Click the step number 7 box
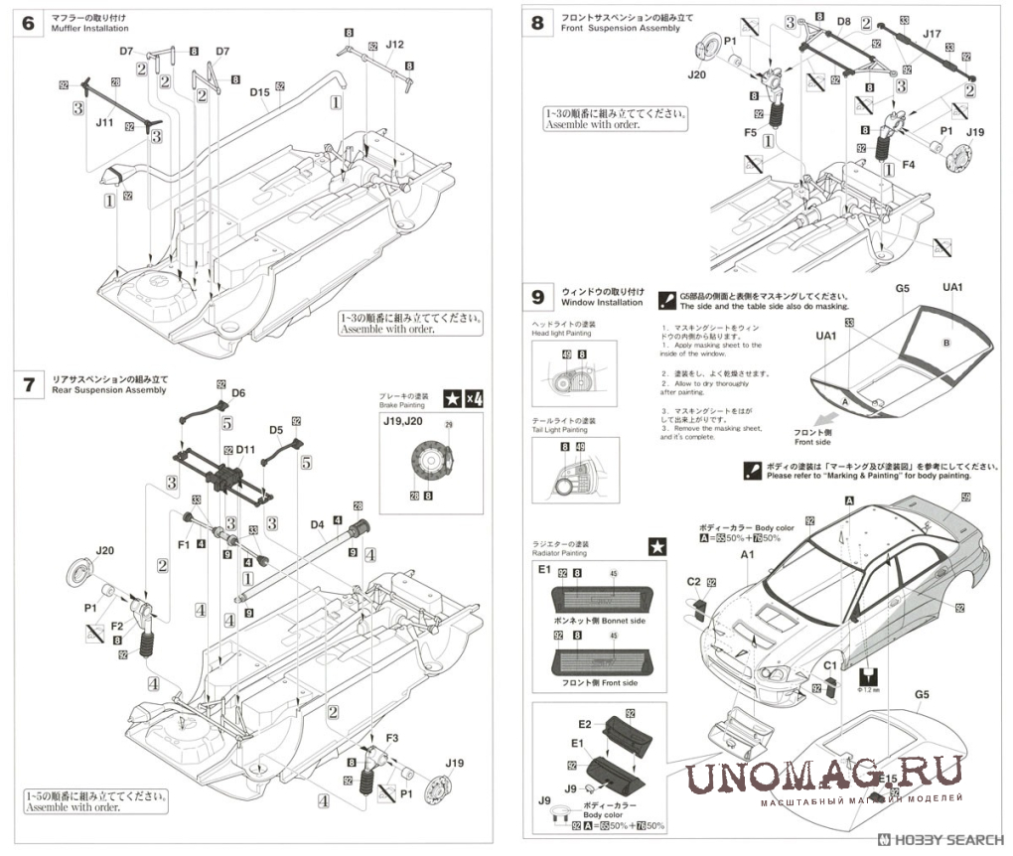click(x=28, y=385)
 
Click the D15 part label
click(x=260, y=92)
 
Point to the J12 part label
click(x=393, y=45)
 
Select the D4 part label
click(x=319, y=523)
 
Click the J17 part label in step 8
click(x=931, y=34)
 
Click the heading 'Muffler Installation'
click(x=91, y=30)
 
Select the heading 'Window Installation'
click(x=602, y=302)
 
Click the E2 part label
click(x=584, y=724)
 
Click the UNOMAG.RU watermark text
click(x=824, y=774)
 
